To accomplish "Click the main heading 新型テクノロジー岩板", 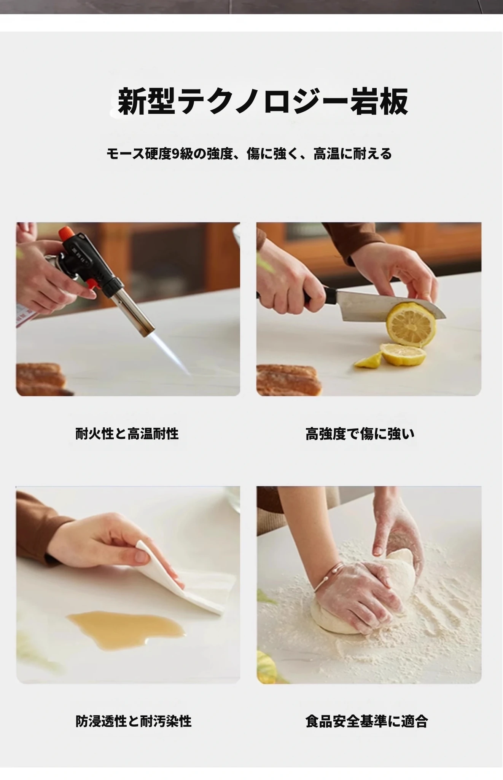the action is click(263, 101).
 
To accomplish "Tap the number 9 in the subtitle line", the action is click(175, 154).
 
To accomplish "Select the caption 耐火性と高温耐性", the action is click(127, 433).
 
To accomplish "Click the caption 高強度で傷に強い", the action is click(360, 433).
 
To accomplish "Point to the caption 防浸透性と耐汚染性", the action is click(134, 721).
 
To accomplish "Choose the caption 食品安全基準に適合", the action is click(367, 721).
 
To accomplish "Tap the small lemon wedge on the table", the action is click(369, 360).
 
